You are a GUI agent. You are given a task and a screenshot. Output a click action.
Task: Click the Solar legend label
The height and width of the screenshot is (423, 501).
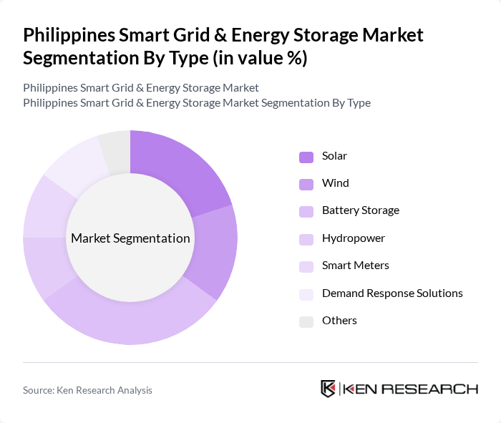334,156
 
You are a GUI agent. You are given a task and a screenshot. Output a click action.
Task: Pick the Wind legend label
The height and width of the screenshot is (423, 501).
335,183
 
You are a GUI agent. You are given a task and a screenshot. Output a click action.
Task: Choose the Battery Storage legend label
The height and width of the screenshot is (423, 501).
360,210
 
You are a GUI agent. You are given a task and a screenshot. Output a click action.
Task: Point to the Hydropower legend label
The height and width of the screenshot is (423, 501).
353,238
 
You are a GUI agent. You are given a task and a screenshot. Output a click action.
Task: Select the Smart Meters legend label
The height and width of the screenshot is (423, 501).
355,266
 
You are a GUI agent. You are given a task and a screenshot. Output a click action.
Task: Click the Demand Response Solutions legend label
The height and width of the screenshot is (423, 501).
391,293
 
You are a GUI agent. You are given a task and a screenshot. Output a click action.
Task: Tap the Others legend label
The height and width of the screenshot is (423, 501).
339,320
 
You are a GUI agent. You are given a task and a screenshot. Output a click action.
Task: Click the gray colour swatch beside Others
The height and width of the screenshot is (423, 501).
306,321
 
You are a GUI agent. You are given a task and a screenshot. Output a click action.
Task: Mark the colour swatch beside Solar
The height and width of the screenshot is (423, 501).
306,157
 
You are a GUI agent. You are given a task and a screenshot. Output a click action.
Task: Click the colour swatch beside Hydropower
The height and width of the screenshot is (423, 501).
306,238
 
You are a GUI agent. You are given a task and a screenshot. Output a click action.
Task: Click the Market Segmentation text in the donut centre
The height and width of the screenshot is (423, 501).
130,238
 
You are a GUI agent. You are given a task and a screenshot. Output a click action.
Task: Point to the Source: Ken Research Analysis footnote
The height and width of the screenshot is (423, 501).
87,390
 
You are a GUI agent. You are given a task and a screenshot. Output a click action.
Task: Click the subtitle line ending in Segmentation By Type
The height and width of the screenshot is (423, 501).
196,102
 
